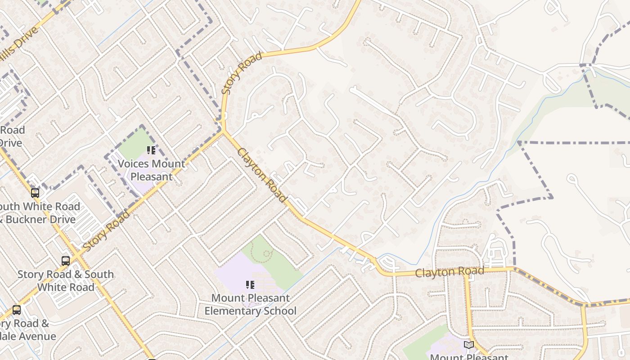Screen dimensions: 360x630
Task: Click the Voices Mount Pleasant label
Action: [151, 170]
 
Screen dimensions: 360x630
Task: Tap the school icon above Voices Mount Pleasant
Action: [151, 150]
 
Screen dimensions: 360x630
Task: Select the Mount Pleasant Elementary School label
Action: [250, 304]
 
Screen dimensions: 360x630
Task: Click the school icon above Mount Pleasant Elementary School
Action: [250, 284]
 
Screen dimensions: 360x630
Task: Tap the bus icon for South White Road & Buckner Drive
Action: [35, 193]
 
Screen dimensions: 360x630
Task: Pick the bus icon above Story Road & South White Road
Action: [66, 261]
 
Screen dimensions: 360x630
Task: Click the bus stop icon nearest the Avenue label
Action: [17, 310]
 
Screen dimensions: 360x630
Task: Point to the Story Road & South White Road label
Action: [66, 280]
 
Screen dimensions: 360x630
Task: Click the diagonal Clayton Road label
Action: [262, 175]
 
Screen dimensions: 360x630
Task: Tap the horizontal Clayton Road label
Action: [449, 271]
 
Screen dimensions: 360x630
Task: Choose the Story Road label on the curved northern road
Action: [242, 73]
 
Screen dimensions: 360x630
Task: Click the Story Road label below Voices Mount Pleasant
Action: [106, 231]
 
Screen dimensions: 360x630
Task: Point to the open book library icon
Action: [469, 345]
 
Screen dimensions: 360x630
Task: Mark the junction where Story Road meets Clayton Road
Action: [223, 131]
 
